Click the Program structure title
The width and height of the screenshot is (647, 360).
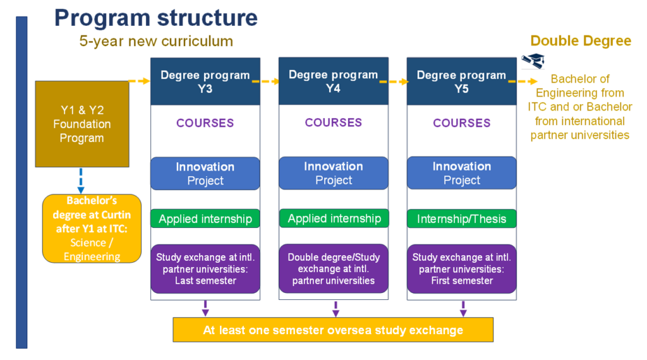156,18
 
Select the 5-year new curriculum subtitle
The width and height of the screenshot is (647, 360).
156,41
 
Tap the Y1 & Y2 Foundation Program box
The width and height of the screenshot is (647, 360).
82,124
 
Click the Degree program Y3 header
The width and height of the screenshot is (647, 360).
205,81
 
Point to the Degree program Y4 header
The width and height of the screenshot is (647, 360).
334,81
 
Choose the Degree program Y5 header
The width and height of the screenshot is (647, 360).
461,81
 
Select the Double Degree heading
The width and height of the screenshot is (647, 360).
581,41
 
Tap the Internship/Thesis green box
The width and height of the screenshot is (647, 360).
462,219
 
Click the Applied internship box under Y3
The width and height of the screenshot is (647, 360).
205,219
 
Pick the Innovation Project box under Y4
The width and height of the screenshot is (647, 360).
334,173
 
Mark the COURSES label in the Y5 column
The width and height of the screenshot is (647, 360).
462,123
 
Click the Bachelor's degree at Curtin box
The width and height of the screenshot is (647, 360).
92,229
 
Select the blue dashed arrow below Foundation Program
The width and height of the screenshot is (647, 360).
81,181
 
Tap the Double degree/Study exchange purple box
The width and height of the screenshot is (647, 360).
334,269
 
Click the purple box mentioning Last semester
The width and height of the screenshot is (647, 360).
205,269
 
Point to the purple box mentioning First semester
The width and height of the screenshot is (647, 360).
462,269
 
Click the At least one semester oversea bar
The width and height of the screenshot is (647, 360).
333,330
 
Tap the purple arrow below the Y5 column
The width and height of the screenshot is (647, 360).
463,309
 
